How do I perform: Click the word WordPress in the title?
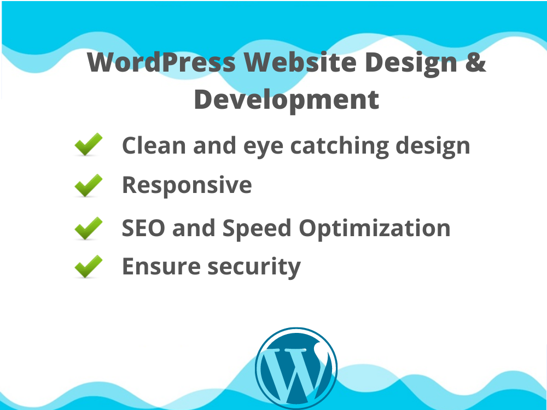click(161, 63)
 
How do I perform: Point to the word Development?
click(286, 100)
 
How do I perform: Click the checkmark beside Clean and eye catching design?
click(88, 145)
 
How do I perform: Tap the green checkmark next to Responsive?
click(88, 185)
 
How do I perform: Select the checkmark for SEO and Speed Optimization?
click(88, 228)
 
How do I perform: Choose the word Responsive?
click(187, 186)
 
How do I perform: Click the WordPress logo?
click(296, 367)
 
